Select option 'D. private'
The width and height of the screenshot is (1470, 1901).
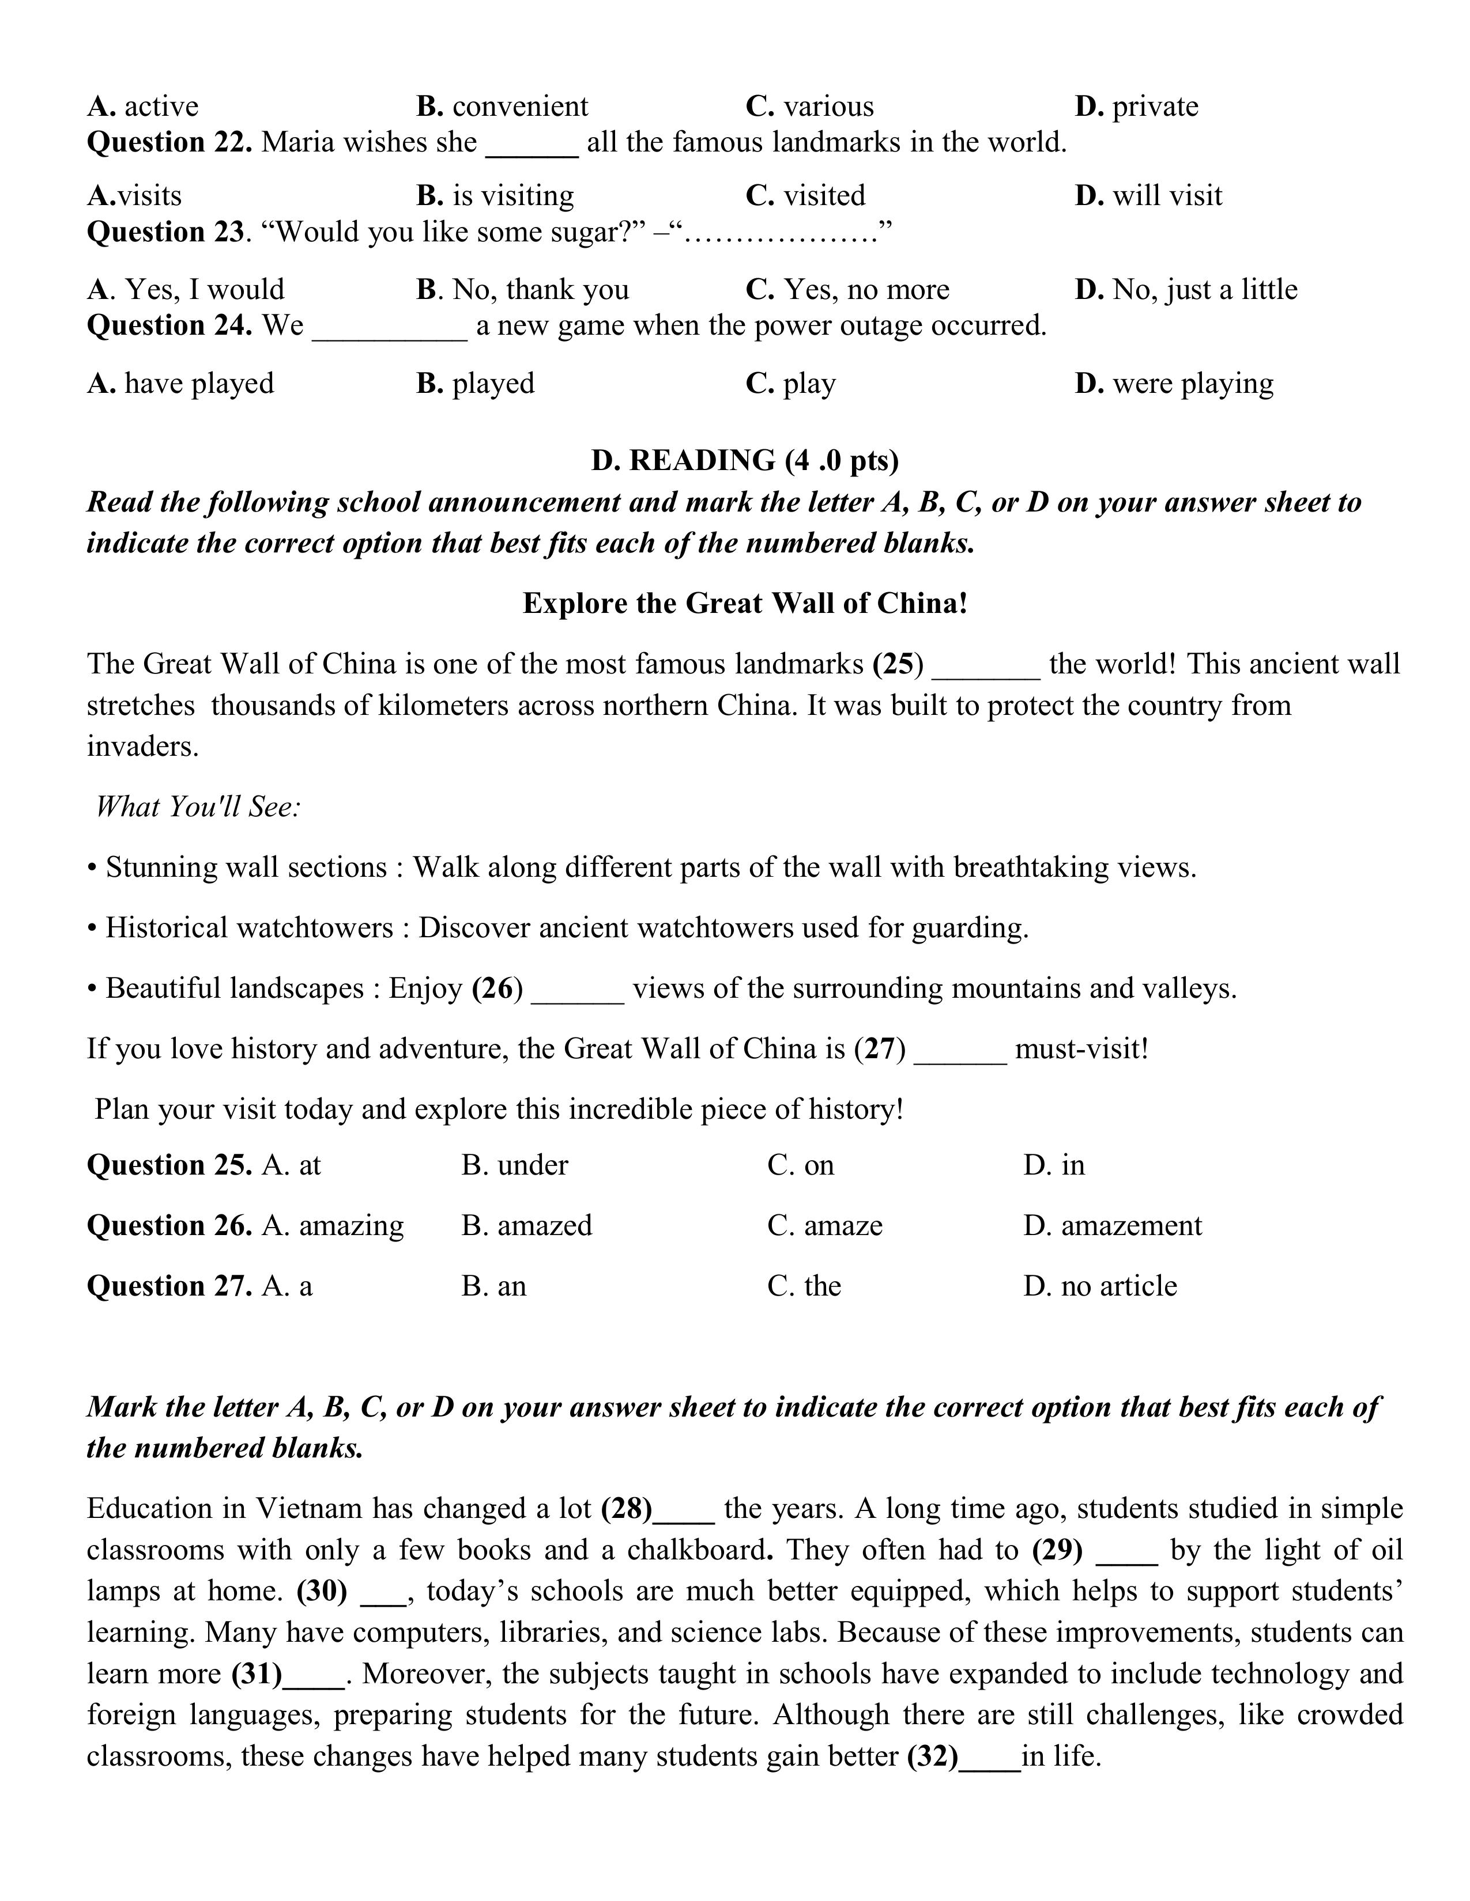point(1136,106)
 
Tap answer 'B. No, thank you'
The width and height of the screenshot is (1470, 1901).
point(522,289)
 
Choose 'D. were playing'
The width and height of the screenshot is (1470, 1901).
point(1173,383)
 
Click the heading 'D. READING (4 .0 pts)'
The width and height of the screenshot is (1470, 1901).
point(745,460)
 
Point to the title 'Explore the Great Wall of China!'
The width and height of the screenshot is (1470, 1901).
point(745,603)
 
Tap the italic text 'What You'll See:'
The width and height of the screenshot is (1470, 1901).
point(198,807)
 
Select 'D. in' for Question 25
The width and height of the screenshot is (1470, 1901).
point(1054,1165)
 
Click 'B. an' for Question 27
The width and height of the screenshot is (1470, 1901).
point(494,1286)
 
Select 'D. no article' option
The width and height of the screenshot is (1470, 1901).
point(1100,1286)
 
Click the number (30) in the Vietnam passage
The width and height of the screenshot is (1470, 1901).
point(321,1591)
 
